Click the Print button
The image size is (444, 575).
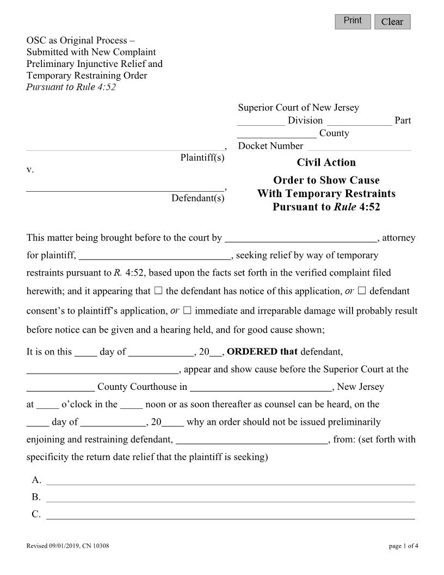coord(353,21)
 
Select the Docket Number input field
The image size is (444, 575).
coord(359,146)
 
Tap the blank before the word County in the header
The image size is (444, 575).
coord(277,133)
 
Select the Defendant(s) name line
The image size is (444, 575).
coord(125,187)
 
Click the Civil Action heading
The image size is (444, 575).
coord(326,162)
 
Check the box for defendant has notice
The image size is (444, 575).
coord(158,291)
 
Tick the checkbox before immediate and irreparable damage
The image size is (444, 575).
coord(187,311)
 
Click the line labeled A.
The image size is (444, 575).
coord(230,480)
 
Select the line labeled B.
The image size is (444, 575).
coord(230,497)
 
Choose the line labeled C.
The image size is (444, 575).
coord(230,515)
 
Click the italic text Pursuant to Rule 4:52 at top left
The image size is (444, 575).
coord(71,88)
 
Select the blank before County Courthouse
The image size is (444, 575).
coord(60,387)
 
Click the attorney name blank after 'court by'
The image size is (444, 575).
coord(300,238)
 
